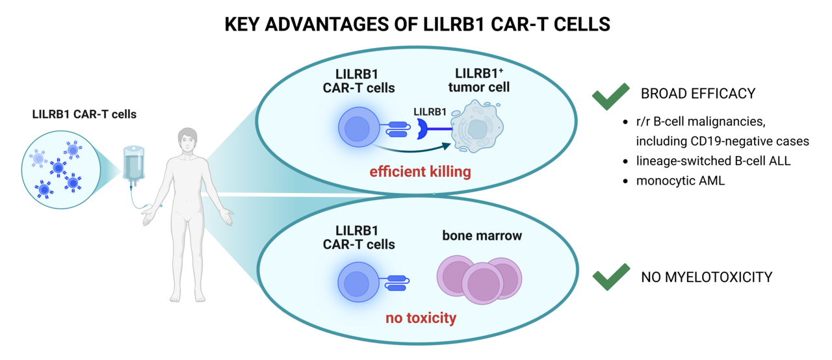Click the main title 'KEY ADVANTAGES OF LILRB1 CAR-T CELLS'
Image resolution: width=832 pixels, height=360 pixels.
(417, 24)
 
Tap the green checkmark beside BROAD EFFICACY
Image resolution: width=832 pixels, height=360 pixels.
(610, 96)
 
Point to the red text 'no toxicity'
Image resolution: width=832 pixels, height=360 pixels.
(421, 318)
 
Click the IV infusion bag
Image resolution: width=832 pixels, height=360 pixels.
(133, 163)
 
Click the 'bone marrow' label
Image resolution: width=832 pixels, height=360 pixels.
(482, 236)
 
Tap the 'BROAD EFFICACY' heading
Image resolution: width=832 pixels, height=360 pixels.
(697, 94)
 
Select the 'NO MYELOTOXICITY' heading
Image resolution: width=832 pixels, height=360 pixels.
(707, 277)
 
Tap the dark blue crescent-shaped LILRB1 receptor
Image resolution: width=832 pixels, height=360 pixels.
(422, 129)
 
